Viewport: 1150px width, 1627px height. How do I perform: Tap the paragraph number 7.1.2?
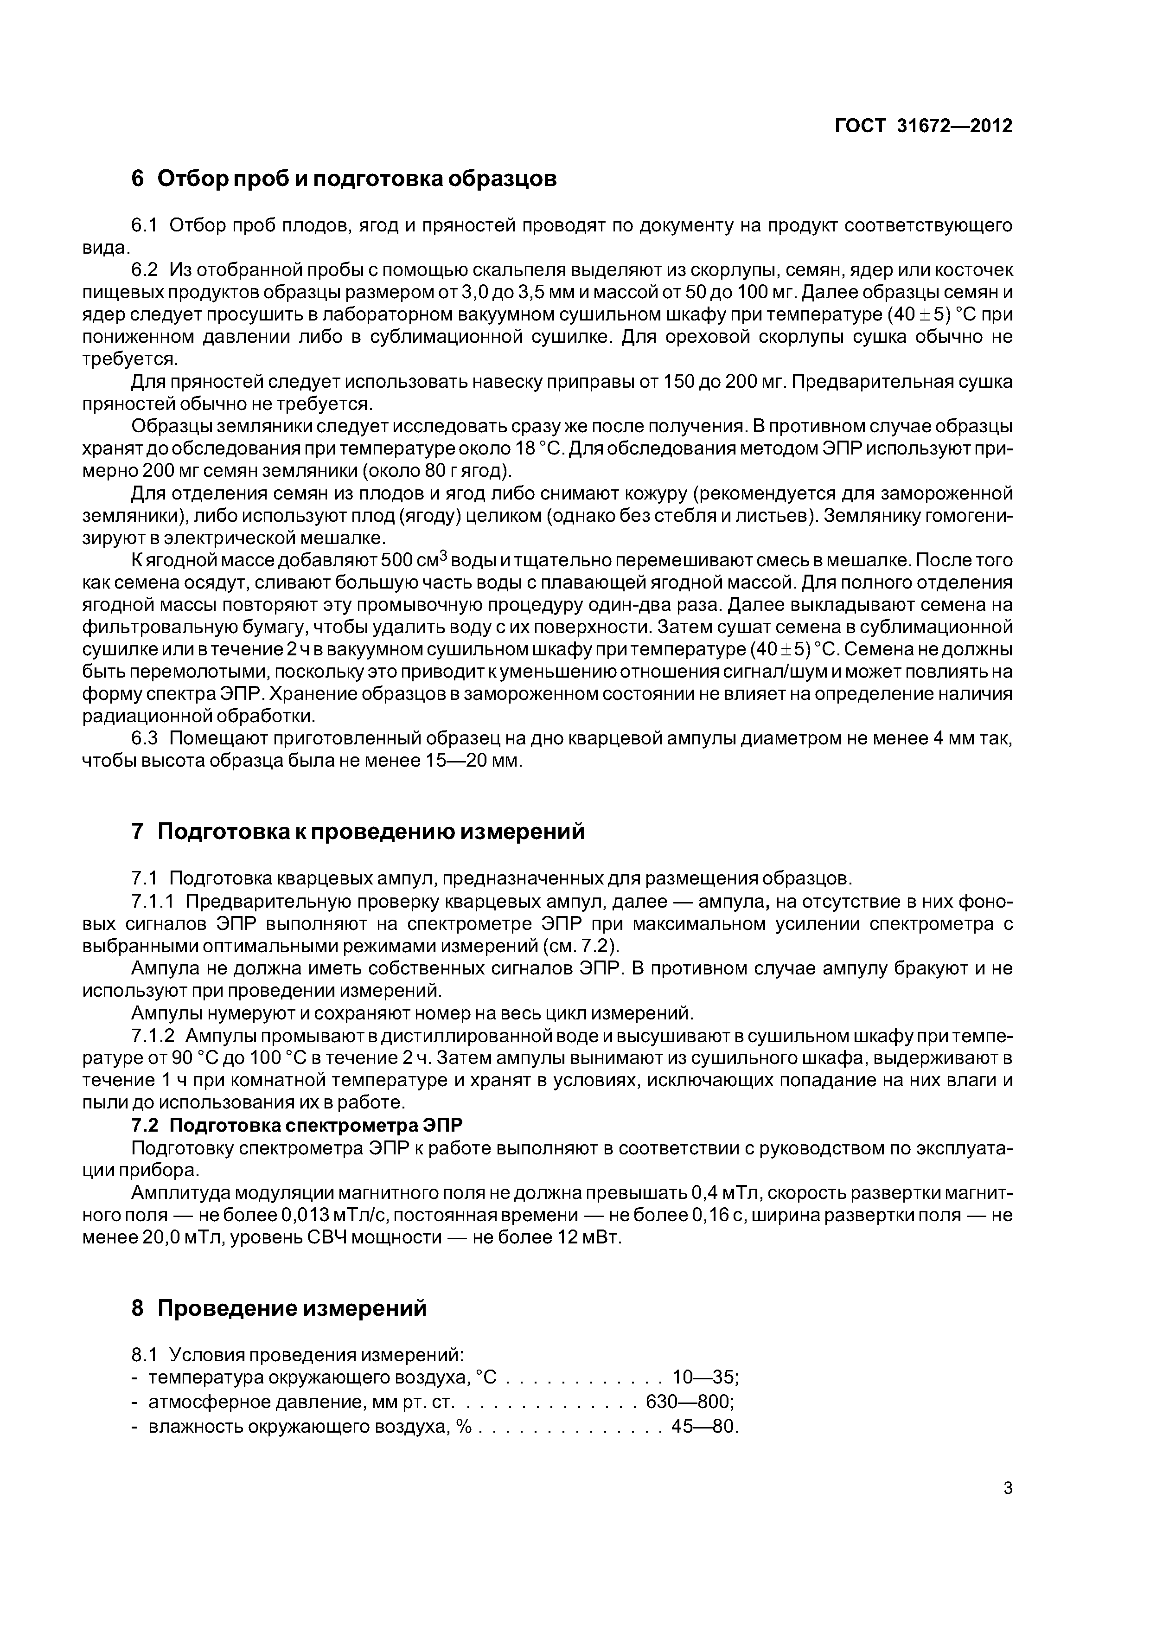click(153, 1036)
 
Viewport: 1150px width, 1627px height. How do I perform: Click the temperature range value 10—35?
click(704, 1377)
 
